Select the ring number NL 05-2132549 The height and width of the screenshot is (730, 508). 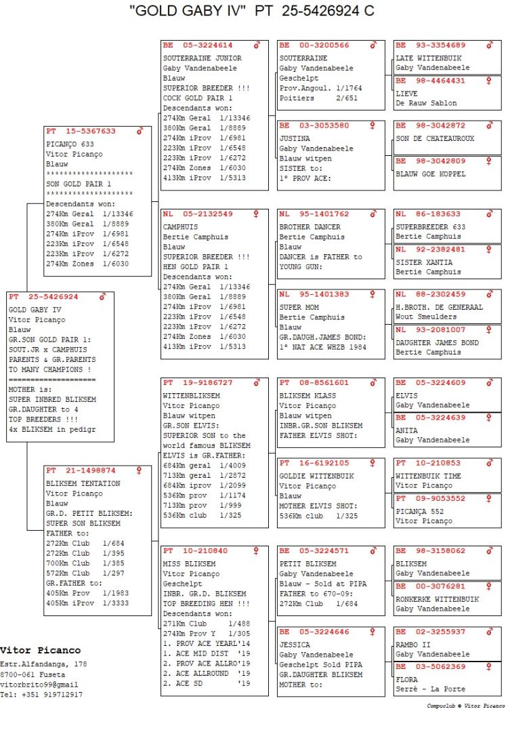(x=197, y=214)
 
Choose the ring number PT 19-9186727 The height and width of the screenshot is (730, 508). (x=197, y=383)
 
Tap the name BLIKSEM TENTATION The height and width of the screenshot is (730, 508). (x=83, y=484)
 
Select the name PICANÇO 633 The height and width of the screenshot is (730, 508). (x=69, y=144)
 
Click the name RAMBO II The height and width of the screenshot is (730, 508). (x=410, y=645)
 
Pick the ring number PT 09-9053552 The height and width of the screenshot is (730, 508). (x=430, y=499)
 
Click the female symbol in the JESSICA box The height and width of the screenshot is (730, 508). (x=373, y=632)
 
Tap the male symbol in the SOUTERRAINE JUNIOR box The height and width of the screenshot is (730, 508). (x=257, y=45)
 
